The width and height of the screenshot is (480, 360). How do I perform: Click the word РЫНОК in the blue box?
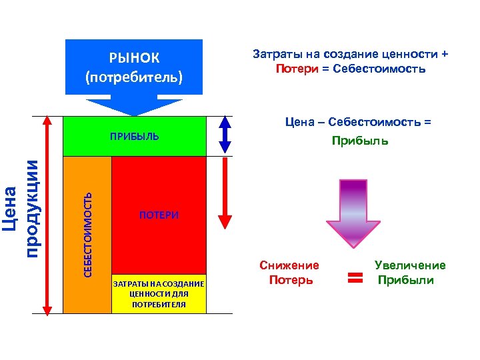134,57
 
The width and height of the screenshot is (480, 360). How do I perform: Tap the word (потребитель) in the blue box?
134,77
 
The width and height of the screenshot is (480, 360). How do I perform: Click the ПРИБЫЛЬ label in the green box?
135,137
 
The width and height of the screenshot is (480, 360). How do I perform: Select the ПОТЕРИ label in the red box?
159,215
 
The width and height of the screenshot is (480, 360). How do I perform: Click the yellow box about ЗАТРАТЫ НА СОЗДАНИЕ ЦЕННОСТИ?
159,294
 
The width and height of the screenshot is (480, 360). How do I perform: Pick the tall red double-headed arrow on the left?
47,214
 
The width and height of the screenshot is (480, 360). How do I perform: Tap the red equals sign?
355,275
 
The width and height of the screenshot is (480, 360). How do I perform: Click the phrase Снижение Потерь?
290,273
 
